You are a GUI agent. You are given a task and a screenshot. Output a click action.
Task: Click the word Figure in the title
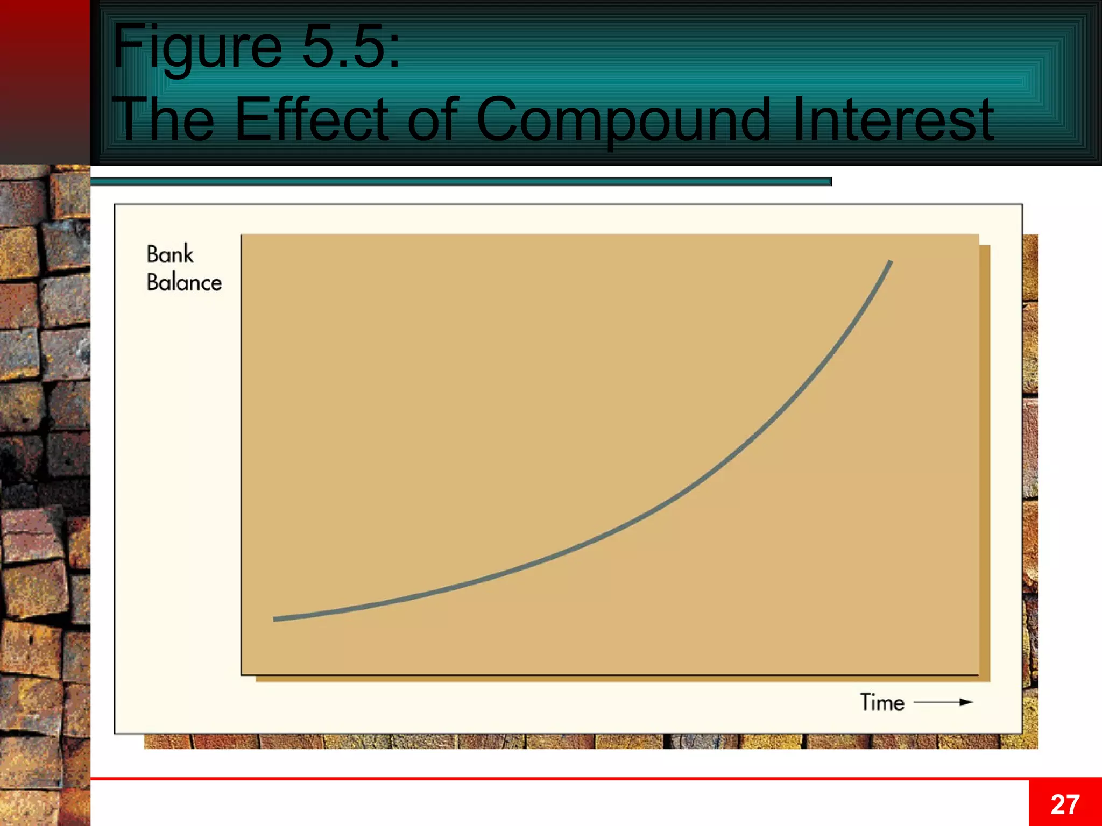[x=197, y=47]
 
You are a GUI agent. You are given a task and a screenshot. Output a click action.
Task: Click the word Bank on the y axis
[x=170, y=254]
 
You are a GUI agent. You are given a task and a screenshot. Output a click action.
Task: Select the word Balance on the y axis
[x=184, y=282]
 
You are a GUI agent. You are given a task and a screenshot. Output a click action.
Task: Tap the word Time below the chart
[x=882, y=702]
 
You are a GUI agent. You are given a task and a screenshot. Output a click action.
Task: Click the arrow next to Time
[x=944, y=702]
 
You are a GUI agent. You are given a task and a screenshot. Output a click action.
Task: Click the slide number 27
[x=1065, y=804]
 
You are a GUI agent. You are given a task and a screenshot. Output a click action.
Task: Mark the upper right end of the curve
[x=891, y=262]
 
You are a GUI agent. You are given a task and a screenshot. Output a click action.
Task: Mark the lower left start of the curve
[x=275, y=619]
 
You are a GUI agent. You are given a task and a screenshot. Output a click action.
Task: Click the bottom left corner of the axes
[x=242, y=674]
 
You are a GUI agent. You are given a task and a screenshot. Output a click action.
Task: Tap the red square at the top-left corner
[x=45, y=81]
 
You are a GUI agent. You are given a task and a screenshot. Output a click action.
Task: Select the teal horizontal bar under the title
[x=461, y=182]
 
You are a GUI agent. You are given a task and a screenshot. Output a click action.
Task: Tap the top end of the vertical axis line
[x=242, y=236]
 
